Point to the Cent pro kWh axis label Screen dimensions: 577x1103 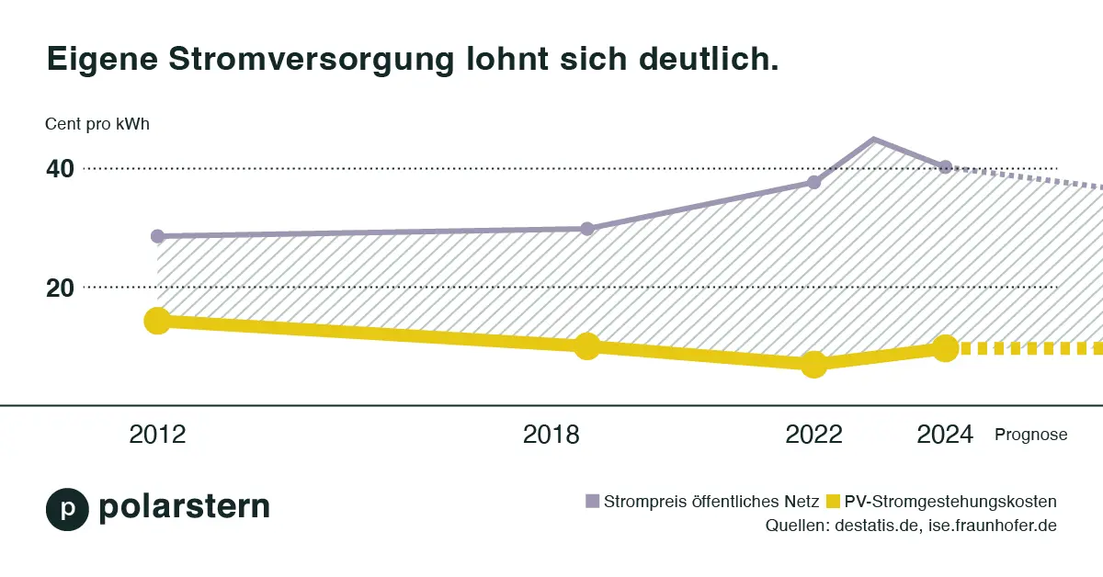point(97,125)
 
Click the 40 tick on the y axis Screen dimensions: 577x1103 point(60,169)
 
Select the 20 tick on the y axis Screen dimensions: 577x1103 point(60,288)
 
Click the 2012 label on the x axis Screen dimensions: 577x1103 point(157,435)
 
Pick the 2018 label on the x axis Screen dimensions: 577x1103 point(551,435)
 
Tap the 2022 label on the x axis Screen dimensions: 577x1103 point(813,435)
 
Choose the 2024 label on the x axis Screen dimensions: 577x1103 point(945,435)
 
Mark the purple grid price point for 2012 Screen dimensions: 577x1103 point(157,236)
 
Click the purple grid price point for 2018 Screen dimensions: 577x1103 point(587,229)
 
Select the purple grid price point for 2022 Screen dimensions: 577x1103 point(813,182)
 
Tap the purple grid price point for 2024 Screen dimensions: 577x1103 point(945,167)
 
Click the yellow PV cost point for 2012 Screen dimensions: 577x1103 point(157,321)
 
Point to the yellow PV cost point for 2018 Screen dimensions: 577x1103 point(587,346)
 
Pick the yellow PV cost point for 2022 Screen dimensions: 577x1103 point(813,364)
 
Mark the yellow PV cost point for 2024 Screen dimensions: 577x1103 point(945,348)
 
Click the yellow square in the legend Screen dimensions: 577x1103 point(834,502)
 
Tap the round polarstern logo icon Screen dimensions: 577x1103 point(67,509)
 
